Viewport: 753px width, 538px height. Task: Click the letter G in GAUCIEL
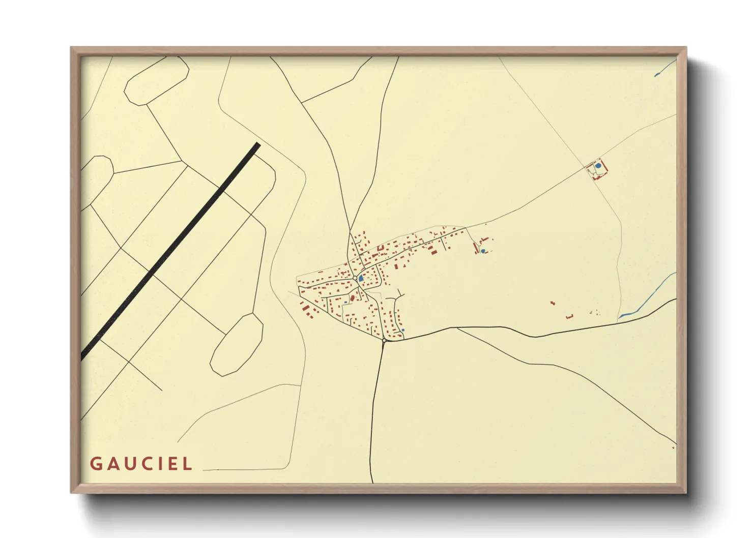coord(96,464)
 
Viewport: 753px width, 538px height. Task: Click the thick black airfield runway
coord(171,252)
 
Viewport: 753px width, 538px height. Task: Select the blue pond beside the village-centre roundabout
coord(361,279)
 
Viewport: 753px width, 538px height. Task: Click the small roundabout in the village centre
coord(355,278)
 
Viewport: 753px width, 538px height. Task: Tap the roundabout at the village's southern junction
coord(384,340)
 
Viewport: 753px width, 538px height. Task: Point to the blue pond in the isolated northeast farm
coord(598,165)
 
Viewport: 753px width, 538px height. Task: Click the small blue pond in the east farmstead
coord(483,251)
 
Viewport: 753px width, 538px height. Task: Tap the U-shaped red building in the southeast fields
coord(569,317)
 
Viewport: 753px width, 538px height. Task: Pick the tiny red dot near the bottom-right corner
coord(673,448)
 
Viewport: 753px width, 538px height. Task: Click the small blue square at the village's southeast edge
coord(403,330)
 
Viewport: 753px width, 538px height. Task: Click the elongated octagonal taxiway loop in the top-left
coord(157,81)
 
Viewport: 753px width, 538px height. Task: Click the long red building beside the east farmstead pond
coord(476,248)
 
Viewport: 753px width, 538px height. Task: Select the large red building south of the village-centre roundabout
coord(352,297)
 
